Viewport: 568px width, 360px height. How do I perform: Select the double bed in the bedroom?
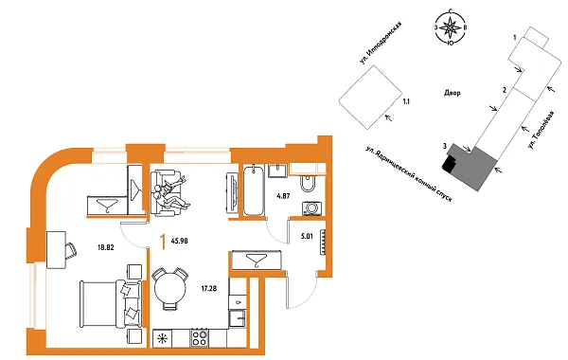point(103,302)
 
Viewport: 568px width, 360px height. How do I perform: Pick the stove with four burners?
point(200,337)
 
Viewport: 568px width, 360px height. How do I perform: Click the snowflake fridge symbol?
point(163,337)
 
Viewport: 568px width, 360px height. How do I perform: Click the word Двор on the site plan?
point(451,93)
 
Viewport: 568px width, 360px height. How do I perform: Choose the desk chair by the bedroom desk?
point(70,248)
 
